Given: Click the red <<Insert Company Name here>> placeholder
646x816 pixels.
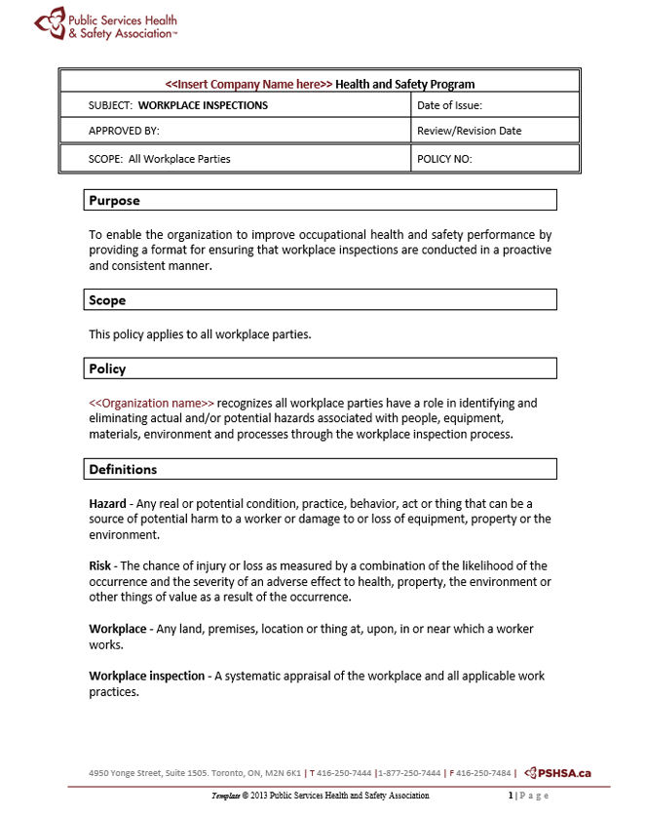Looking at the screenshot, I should click(x=248, y=84).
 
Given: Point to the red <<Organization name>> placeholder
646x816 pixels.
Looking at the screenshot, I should click(x=151, y=403).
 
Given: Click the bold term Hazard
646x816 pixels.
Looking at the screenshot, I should click(x=107, y=503).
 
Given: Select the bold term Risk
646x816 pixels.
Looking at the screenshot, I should click(x=101, y=565).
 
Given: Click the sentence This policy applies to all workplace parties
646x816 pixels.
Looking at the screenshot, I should click(x=200, y=334).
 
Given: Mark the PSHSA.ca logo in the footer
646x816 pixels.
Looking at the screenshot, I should click(x=557, y=773).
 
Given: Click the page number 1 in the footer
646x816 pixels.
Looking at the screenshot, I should click(x=511, y=796).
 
